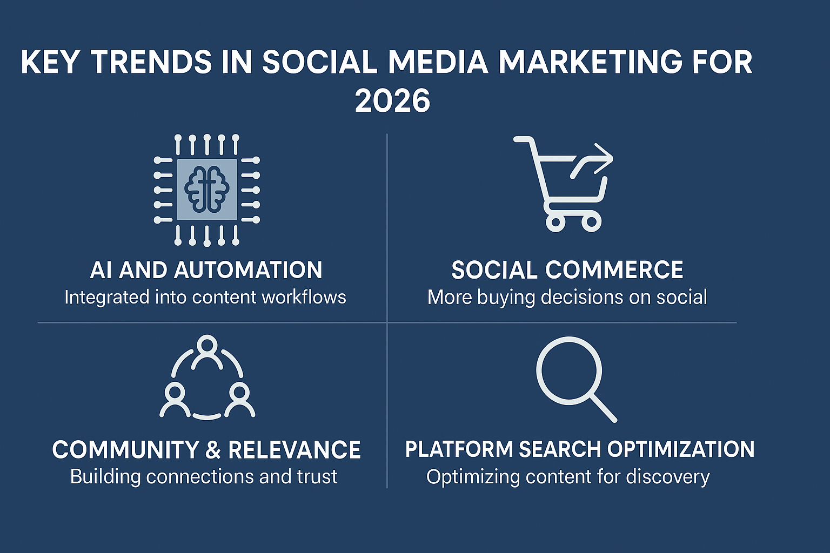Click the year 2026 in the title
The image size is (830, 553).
pos(393,101)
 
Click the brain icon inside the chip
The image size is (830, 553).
pos(206,189)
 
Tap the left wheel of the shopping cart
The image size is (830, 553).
pos(555,222)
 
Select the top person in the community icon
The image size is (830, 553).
pos(207,348)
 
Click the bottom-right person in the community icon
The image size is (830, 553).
pos(238,400)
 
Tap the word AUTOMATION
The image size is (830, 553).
pos(249,270)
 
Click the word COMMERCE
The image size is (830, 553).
pos(614,270)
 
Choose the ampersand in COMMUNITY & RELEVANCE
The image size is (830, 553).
pos(213,450)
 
